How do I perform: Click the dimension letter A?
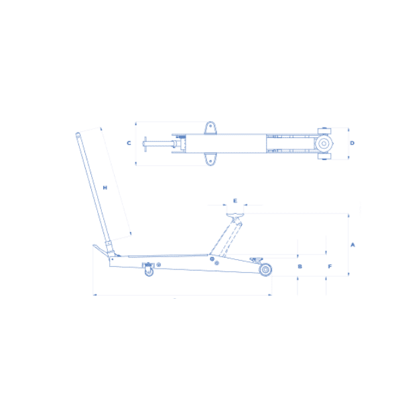pyautogui.click(x=353, y=245)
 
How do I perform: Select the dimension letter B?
pyautogui.click(x=300, y=267)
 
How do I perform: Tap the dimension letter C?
pyautogui.click(x=129, y=143)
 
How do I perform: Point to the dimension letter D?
pyautogui.click(x=352, y=143)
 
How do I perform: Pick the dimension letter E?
pyautogui.click(x=235, y=201)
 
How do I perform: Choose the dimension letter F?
pyautogui.click(x=330, y=267)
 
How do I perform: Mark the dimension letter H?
pyautogui.click(x=105, y=188)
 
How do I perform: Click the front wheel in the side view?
pyautogui.click(x=265, y=270)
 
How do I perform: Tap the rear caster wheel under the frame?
pyautogui.click(x=149, y=271)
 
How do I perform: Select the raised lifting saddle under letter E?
pyautogui.click(x=235, y=215)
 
